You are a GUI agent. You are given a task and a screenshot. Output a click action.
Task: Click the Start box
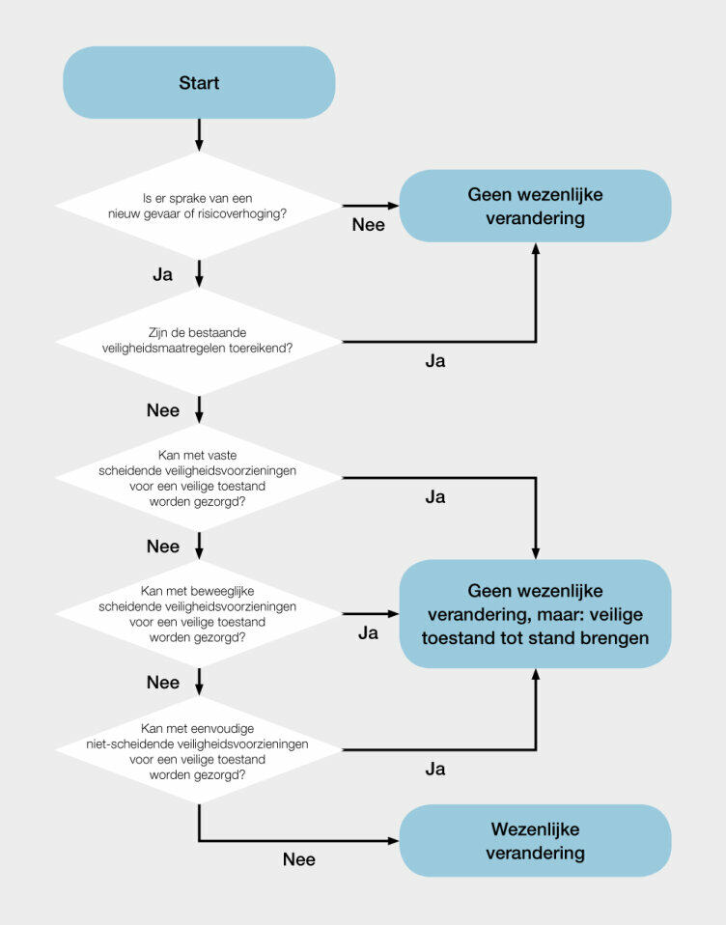tap(199, 83)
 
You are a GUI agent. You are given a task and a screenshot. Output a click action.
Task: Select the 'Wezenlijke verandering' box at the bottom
tap(535, 841)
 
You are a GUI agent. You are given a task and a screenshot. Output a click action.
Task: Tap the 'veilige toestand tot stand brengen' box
tap(535, 614)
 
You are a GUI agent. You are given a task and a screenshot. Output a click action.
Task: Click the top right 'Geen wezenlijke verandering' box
tap(535, 206)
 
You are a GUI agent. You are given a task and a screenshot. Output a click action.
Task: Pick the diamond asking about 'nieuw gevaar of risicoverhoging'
tap(199, 205)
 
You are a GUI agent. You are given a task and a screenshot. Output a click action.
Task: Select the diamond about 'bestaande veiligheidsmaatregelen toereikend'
tap(199, 341)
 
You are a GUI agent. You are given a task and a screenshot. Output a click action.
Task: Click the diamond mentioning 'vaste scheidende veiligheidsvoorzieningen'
tap(199, 478)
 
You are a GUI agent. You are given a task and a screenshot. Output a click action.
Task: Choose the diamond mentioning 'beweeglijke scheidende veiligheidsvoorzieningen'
tap(199, 613)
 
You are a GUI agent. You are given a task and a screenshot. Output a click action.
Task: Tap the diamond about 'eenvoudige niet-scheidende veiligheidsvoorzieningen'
tap(199, 750)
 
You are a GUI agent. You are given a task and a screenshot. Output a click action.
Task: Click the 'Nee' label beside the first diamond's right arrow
tap(368, 225)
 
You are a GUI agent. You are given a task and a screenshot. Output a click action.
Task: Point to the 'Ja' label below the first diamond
tap(162, 274)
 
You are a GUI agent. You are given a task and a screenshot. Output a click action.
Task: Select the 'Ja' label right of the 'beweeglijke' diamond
tap(368, 633)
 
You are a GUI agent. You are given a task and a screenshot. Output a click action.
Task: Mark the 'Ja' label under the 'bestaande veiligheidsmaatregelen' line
tap(435, 361)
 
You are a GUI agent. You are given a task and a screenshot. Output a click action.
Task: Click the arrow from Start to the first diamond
tap(199, 134)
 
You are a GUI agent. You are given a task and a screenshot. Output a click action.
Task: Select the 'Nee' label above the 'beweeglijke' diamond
tap(163, 547)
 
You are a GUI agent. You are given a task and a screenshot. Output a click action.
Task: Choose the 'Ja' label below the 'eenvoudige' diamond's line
tap(435, 770)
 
